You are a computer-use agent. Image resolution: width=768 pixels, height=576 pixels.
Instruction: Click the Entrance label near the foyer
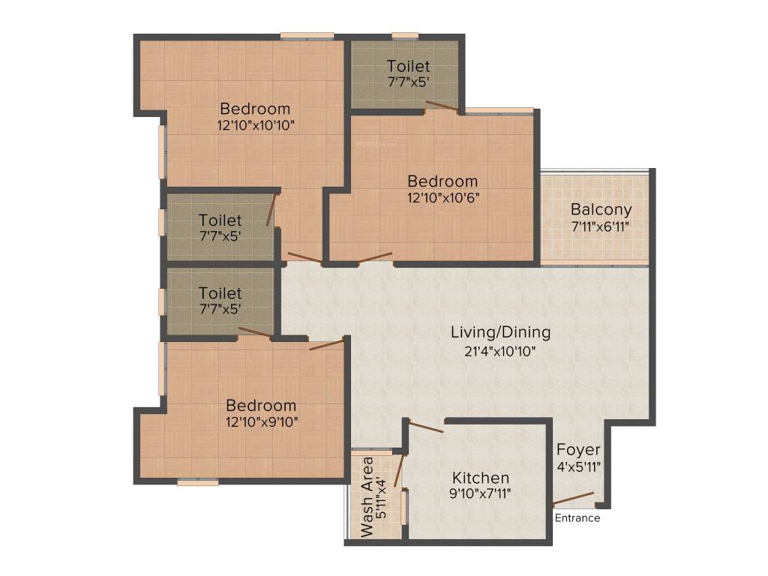[577, 518]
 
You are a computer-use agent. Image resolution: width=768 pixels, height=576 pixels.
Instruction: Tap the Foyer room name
[578, 450]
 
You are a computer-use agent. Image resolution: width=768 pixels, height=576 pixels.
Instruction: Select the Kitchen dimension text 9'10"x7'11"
[481, 493]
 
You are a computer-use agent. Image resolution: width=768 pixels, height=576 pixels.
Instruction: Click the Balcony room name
[601, 209]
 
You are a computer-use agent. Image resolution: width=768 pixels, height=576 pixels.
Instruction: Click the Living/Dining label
[500, 331]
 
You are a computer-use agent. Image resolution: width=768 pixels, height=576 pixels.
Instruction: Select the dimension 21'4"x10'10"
[500, 349]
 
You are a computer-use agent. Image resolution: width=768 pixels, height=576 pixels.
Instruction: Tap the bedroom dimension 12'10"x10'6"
[442, 197]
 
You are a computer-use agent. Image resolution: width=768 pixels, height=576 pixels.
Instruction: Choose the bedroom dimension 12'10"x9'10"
[262, 421]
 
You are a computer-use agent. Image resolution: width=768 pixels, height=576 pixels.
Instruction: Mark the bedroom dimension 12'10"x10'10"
[255, 125]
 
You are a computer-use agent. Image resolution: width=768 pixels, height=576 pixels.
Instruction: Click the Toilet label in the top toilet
[409, 66]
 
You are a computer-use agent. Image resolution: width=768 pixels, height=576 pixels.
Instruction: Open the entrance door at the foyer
[574, 499]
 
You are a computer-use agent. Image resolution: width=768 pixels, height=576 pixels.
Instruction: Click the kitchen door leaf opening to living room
[426, 425]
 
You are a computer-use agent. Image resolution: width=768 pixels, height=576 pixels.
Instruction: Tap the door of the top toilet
[442, 106]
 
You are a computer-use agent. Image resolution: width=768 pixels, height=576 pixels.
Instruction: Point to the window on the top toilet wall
[405, 34]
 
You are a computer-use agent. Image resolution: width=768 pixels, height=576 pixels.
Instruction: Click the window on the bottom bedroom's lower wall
[198, 482]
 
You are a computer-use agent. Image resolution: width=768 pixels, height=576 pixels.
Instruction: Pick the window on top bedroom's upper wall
[307, 34]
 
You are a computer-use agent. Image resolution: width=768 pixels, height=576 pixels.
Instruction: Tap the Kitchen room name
[481, 478]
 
